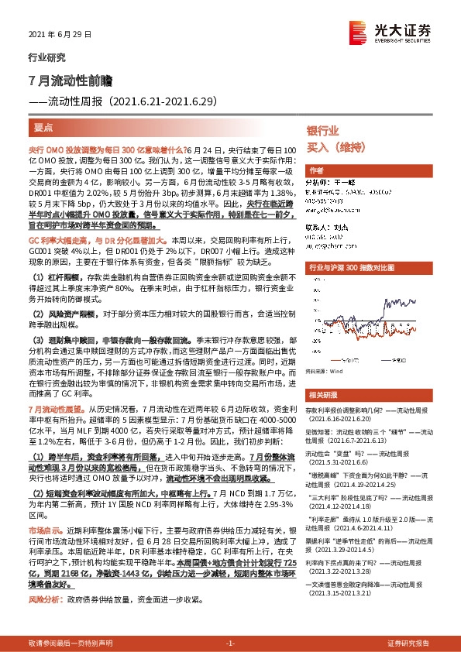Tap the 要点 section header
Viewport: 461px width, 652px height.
point(43,125)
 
